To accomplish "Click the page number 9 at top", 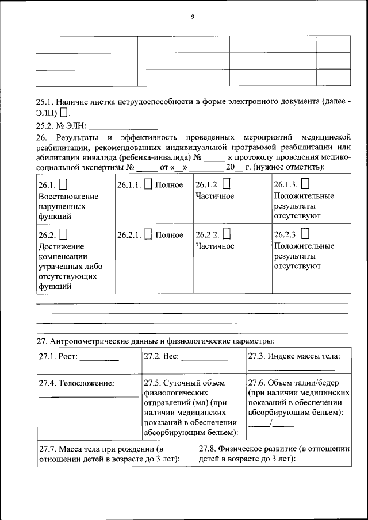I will (193, 17).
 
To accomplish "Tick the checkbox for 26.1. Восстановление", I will (63, 184).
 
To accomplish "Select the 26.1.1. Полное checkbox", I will (148, 184).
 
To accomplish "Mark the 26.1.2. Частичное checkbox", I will (226, 184).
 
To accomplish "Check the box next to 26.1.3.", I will (305, 184).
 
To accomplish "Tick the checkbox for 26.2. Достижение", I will (63, 234).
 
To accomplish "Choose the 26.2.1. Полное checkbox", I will (148, 234).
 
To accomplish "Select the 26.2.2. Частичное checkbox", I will (226, 234).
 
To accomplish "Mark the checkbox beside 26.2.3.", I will (305, 234).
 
